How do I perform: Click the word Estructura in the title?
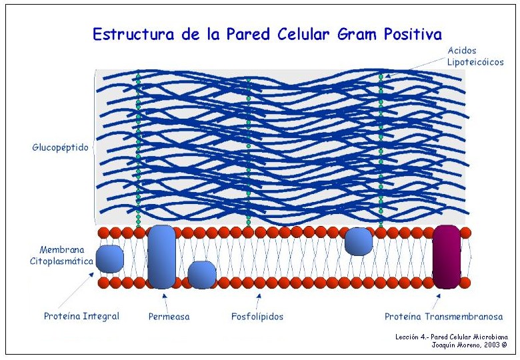133,34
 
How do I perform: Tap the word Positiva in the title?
413,34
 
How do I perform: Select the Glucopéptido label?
61,147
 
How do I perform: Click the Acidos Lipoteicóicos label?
475,57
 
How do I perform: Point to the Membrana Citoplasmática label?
62,255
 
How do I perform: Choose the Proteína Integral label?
81,316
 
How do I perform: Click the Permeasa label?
169,317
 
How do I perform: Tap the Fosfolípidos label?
257,317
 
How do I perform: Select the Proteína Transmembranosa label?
444,317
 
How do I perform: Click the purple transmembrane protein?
447,257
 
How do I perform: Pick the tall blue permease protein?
162,257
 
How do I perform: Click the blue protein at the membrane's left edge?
110,259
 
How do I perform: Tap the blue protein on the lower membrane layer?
202,275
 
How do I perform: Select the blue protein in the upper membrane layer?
359,241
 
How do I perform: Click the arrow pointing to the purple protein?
435,301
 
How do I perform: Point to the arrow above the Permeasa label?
165,301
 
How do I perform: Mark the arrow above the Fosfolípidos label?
259,301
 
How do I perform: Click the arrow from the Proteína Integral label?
76,291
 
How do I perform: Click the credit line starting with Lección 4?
451,337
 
